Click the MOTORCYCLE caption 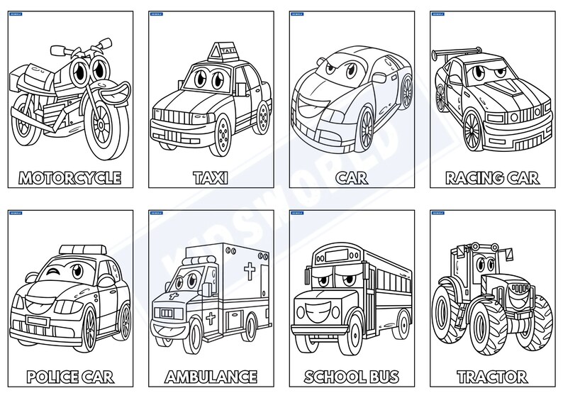[x=69, y=177]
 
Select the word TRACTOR [x=492, y=375]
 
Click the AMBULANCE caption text [x=211, y=375]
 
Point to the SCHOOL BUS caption [x=351, y=375]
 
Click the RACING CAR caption [x=492, y=177]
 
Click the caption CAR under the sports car [x=352, y=177]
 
